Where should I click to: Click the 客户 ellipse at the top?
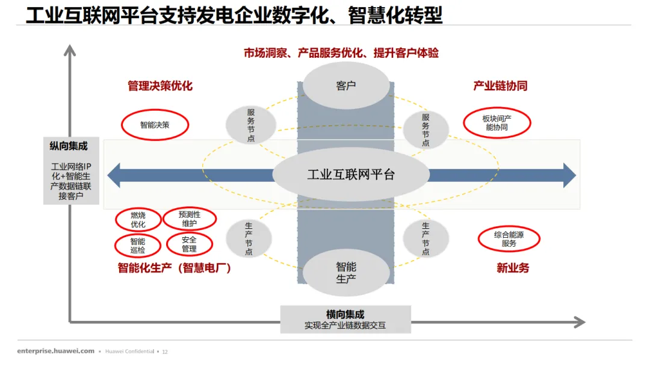click(345, 85)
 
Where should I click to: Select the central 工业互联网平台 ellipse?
click(351, 175)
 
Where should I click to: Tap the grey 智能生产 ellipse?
click(345, 272)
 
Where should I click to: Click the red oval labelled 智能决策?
click(155, 125)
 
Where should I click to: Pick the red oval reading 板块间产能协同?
click(497, 123)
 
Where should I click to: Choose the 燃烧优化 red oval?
click(138, 220)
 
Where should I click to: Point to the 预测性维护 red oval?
click(189, 219)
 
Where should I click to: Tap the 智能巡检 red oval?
click(137, 246)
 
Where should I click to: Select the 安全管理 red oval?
click(189, 244)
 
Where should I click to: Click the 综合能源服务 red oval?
click(509, 239)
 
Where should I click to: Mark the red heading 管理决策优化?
click(160, 86)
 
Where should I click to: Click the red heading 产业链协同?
click(500, 86)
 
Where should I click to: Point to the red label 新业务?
click(513, 268)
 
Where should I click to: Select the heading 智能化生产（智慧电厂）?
click(175, 268)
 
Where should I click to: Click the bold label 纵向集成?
click(69, 146)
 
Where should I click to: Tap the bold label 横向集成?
click(345, 314)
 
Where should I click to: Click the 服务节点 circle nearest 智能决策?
click(251, 125)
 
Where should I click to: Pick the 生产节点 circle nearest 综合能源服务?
click(426, 238)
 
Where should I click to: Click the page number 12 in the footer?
click(165, 352)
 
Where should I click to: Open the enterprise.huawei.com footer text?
click(56, 351)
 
